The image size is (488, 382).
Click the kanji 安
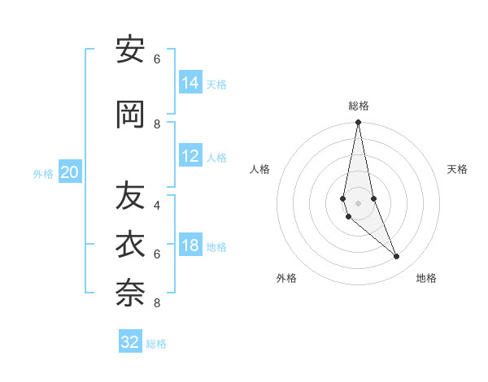pyautogui.click(x=130, y=50)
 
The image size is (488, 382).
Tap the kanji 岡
pyautogui.click(x=130, y=115)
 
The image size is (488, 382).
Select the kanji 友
pyautogui.click(x=130, y=195)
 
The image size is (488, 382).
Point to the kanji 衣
pyautogui.click(x=130, y=245)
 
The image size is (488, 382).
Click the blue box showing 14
pyautogui.click(x=190, y=83)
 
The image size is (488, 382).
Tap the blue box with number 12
pyautogui.click(x=190, y=156)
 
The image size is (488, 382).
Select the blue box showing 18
pyautogui.click(x=190, y=245)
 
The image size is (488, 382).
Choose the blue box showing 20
pyautogui.click(x=70, y=172)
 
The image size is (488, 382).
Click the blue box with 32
pyautogui.click(x=130, y=342)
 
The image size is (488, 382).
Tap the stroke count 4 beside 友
pyautogui.click(x=157, y=206)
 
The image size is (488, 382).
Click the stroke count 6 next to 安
pyautogui.click(x=157, y=59)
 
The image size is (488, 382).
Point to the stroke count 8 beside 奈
pyautogui.click(x=157, y=303)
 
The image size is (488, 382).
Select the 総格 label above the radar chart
pyautogui.click(x=359, y=106)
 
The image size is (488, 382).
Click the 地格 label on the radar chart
pyautogui.click(x=426, y=278)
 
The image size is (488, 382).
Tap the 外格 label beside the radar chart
pyautogui.click(x=286, y=278)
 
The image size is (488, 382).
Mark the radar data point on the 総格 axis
pyautogui.click(x=358, y=123)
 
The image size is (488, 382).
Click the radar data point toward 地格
pyautogui.click(x=397, y=257)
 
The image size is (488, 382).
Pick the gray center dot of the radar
pyautogui.click(x=358, y=202)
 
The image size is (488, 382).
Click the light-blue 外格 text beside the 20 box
pyautogui.click(x=43, y=173)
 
